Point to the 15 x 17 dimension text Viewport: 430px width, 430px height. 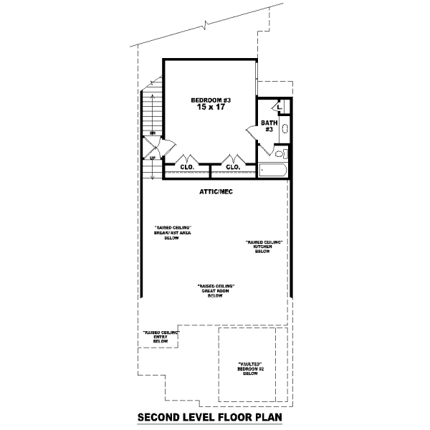[210, 107]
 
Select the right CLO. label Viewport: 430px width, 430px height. [233, 167]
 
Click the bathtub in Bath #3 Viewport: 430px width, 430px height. [272, 171]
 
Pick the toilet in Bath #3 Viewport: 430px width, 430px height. [282, 153]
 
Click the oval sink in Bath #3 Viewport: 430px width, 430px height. [285, 130]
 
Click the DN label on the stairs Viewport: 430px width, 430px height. [152, 134]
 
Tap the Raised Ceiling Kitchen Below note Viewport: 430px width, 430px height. [262, 247]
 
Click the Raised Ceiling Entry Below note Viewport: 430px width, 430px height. [161, 338]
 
